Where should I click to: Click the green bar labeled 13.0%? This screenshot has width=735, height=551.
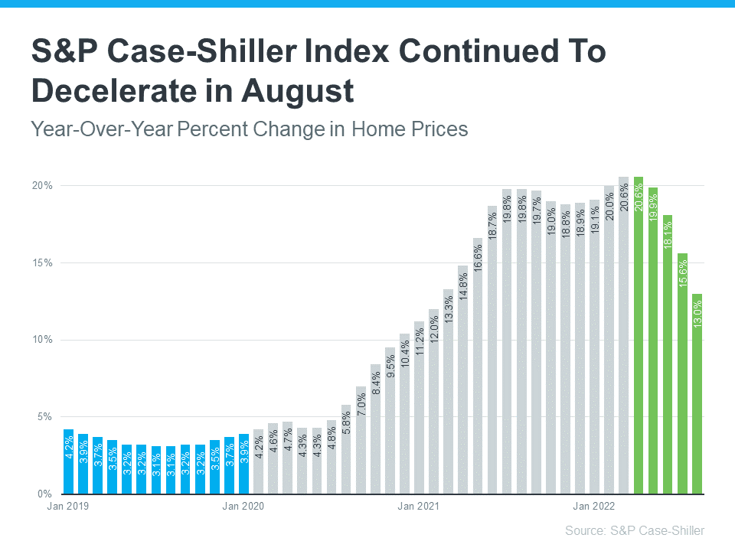697,394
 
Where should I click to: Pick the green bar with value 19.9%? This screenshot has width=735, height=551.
653,341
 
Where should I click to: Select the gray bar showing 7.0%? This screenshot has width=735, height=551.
361,440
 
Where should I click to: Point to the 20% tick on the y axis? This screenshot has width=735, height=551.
42,186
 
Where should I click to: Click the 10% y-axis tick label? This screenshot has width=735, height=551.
42,340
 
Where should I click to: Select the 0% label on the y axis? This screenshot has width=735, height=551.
44,494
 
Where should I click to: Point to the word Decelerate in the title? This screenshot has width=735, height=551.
115,91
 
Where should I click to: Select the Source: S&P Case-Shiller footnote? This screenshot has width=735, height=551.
635,530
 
